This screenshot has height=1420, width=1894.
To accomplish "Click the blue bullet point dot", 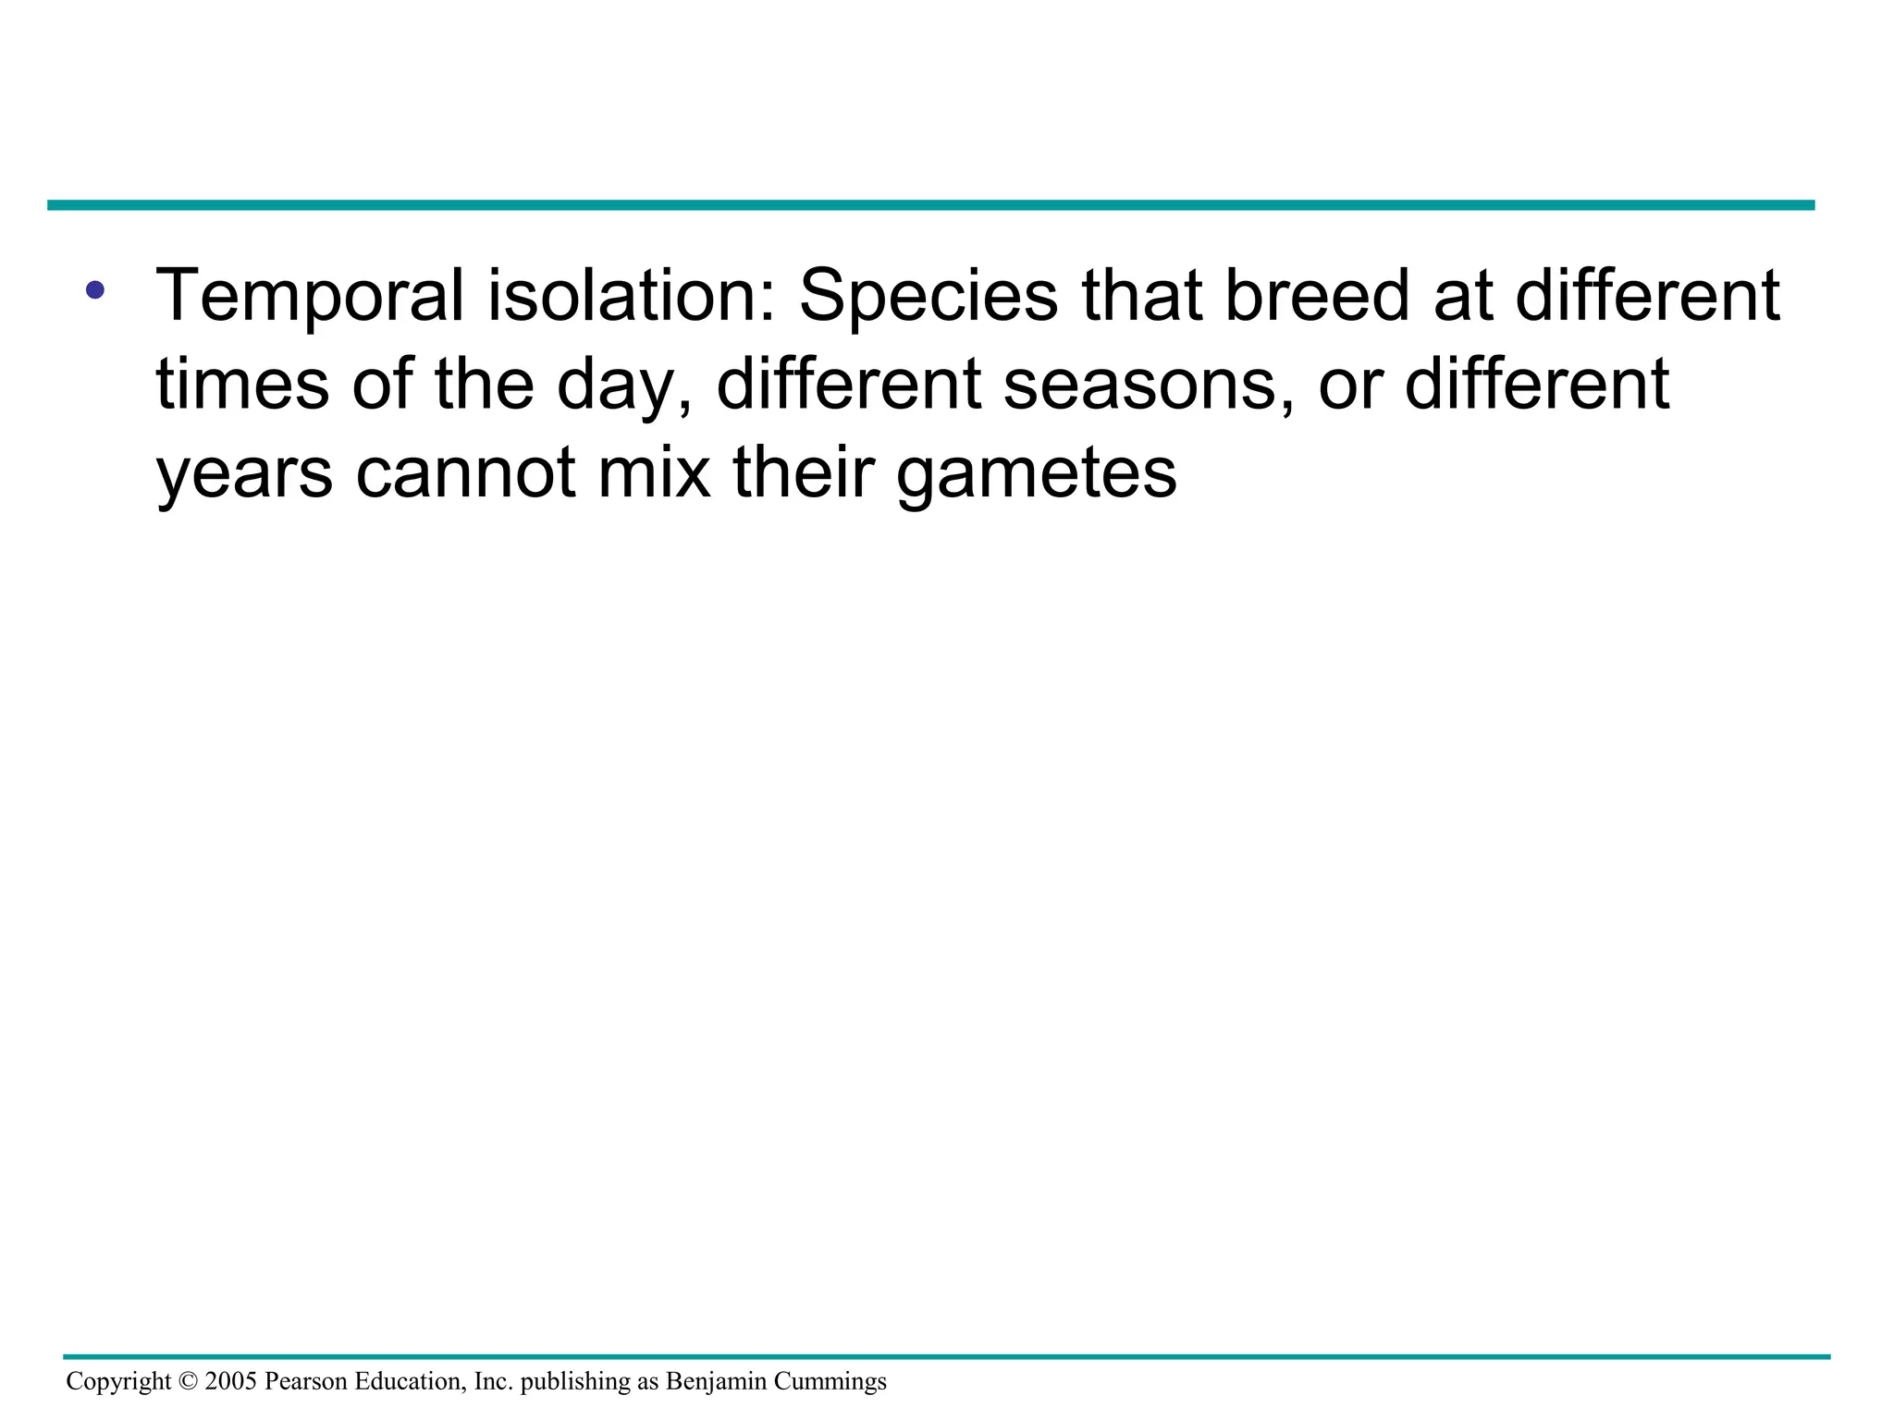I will point(94,290).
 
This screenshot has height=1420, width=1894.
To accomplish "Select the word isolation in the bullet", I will point(632,296).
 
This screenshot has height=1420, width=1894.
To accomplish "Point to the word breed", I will point(1317,296).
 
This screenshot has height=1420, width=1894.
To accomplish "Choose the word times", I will point(242,384).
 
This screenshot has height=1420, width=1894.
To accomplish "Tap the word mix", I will point(654,472).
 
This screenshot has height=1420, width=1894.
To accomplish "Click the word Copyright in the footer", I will point(118,1382).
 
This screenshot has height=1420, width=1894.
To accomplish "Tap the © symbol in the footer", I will point(188,1381).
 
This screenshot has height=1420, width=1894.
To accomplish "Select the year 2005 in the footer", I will point(230,1381).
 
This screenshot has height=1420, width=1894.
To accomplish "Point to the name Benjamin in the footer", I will point(716,1382).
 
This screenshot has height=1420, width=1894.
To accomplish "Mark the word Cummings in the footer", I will point(830,1382).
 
